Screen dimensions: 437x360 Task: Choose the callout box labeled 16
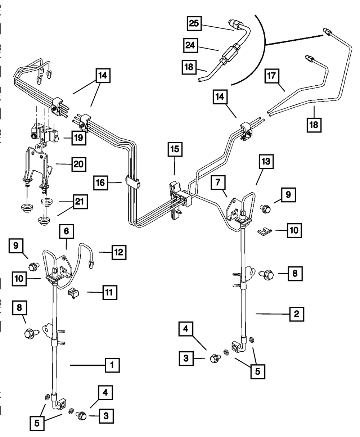[x=100, y=183]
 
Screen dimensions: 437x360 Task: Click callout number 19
[x=79, y=138]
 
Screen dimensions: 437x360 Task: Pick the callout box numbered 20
[x=79, y=165]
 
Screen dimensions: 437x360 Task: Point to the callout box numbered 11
[x=110, y=292]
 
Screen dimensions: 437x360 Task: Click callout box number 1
[x=112, y=365]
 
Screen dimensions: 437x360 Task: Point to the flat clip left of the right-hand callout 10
[x=266, y=231]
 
